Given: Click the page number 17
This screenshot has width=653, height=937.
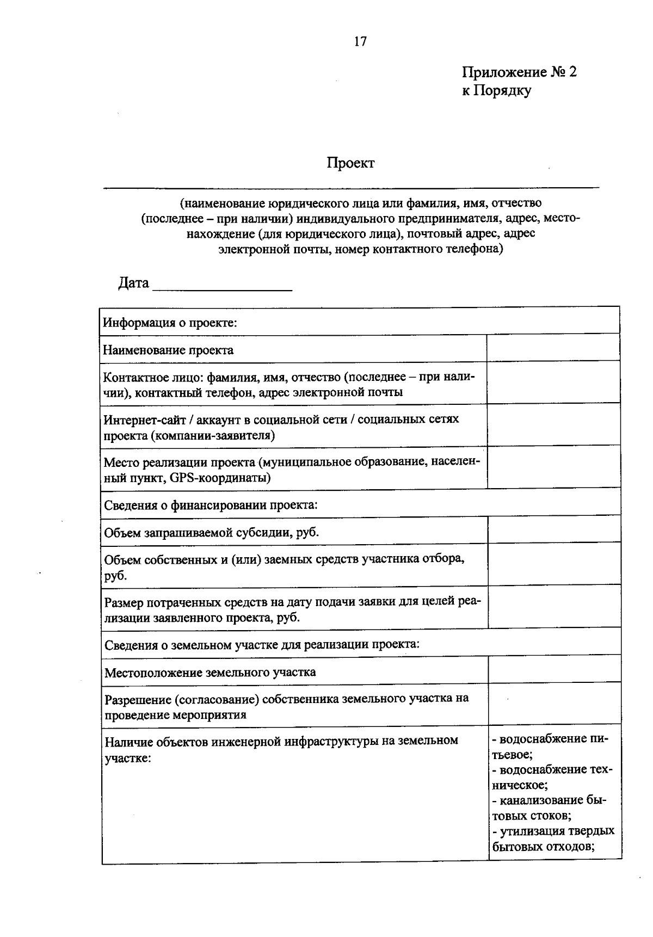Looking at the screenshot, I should pyautogui.click(x=360, y=41).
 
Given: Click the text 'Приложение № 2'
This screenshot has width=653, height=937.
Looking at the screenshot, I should pyautogui.click(x=519, y=72).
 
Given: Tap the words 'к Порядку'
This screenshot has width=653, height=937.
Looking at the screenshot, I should pyautogui.click(x=496, y=90).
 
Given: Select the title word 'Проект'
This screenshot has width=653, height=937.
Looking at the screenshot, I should pyautogui.click(x=350, y=163).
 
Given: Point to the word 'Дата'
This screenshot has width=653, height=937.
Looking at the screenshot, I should pyautogui.click(x=133, y=283).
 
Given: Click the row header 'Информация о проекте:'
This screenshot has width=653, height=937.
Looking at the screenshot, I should pyautogui.click(x=170, y=322).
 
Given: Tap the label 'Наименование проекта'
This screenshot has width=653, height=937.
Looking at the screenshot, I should pyautogui.click(x=169, y=350).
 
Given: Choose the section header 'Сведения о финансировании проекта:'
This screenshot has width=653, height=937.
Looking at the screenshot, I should pyautogui.click(x=211, y=505).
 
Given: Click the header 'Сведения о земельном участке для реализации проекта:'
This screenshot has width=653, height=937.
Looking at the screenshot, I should pyautogui.click(x=262, y=645).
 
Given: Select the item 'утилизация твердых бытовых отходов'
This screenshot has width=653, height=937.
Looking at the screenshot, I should pyautogui.click(x=553, y=839).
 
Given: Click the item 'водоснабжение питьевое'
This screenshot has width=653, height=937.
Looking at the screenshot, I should pyautogui.click(x=550, y=747).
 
